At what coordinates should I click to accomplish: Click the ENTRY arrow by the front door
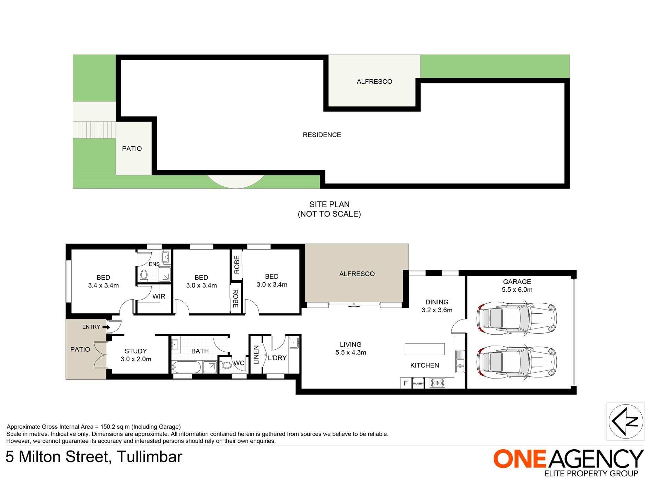[x=106, y=327]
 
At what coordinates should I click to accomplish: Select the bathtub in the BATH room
[x=186, y=367]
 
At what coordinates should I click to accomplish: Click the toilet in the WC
[x=226, y=365]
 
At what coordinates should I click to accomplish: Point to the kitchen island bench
[x=425, y=349]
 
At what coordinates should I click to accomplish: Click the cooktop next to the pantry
[x=438, y=383]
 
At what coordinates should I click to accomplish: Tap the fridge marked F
[x=406, y=383]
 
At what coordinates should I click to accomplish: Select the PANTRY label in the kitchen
[x=418, y=384]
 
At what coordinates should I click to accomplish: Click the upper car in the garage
[x=516, y=318]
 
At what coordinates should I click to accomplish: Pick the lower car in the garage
[x=516, y=362]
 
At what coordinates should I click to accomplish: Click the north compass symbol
[x=626, y=421]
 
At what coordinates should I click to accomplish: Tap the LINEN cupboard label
[x=256, y=355]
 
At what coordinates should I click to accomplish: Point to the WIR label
[x=159, y=296]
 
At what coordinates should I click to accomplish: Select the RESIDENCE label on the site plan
[x=322, y=135]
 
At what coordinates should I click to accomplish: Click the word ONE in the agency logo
[x=520, y=459]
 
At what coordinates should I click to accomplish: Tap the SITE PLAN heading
[x=329, y=205]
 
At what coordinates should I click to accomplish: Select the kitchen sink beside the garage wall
[x=460, y=361]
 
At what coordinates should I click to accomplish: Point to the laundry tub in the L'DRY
[x=293, y=343]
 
